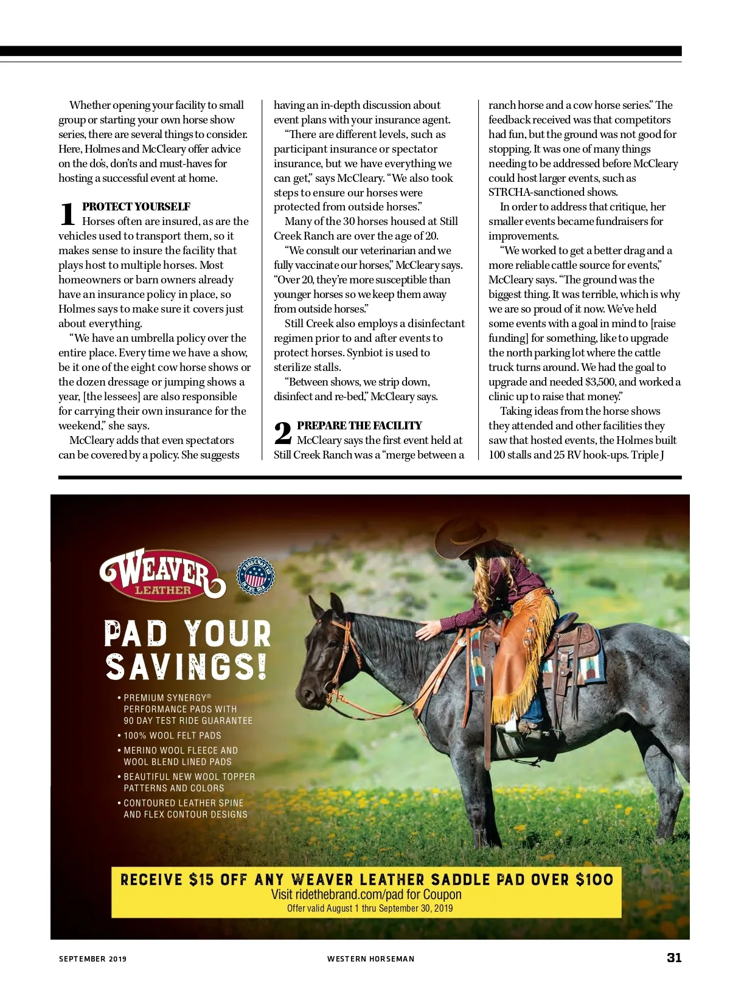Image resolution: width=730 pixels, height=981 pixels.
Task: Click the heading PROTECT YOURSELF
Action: click(x=136, y=207)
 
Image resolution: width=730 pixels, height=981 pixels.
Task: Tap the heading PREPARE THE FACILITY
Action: click(x=359, y=426)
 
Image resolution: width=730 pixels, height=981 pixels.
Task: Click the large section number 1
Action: click(x=68, y=214)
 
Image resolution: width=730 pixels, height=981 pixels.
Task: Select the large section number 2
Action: click(x=283, y=433)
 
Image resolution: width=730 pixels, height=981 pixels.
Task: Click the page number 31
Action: click(x=674, y=957)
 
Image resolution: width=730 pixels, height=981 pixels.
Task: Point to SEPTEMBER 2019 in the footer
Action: click(x=92, y=959)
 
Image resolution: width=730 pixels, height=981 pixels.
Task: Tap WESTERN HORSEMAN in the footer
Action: click(x=370, y=959)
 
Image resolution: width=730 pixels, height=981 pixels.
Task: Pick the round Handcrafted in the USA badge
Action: click(x=255, y=575)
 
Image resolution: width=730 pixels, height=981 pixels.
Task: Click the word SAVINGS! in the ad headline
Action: click(x=186, y=667)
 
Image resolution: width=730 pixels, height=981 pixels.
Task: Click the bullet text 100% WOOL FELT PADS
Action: click(x=172, y=736)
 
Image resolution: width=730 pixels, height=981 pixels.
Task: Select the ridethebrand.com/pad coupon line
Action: click(x=366, y=895)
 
